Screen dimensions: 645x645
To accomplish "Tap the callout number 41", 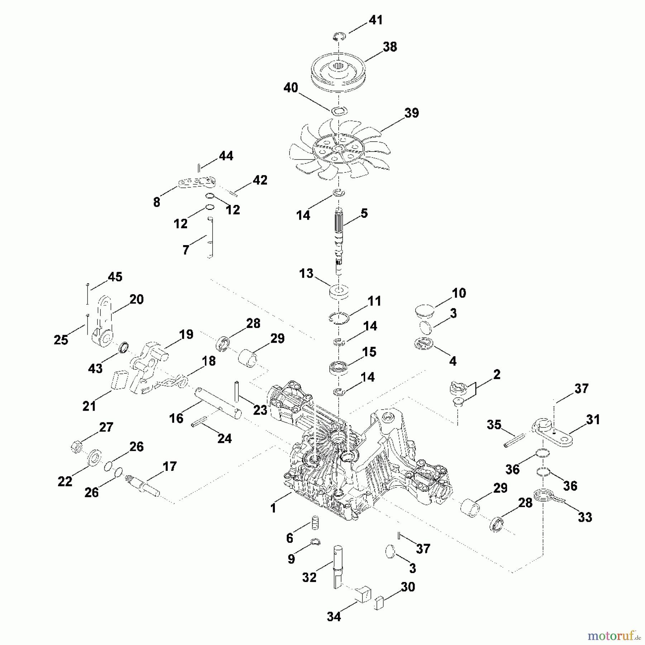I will click(376, 20).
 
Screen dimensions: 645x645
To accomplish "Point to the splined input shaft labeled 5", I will click(339, 236).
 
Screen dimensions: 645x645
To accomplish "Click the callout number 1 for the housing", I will click(273, 508).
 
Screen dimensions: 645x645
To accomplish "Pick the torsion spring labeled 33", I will click(546, 497).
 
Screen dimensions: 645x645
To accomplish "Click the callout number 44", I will click(226, 156).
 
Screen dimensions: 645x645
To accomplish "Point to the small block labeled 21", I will click(118, 380).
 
